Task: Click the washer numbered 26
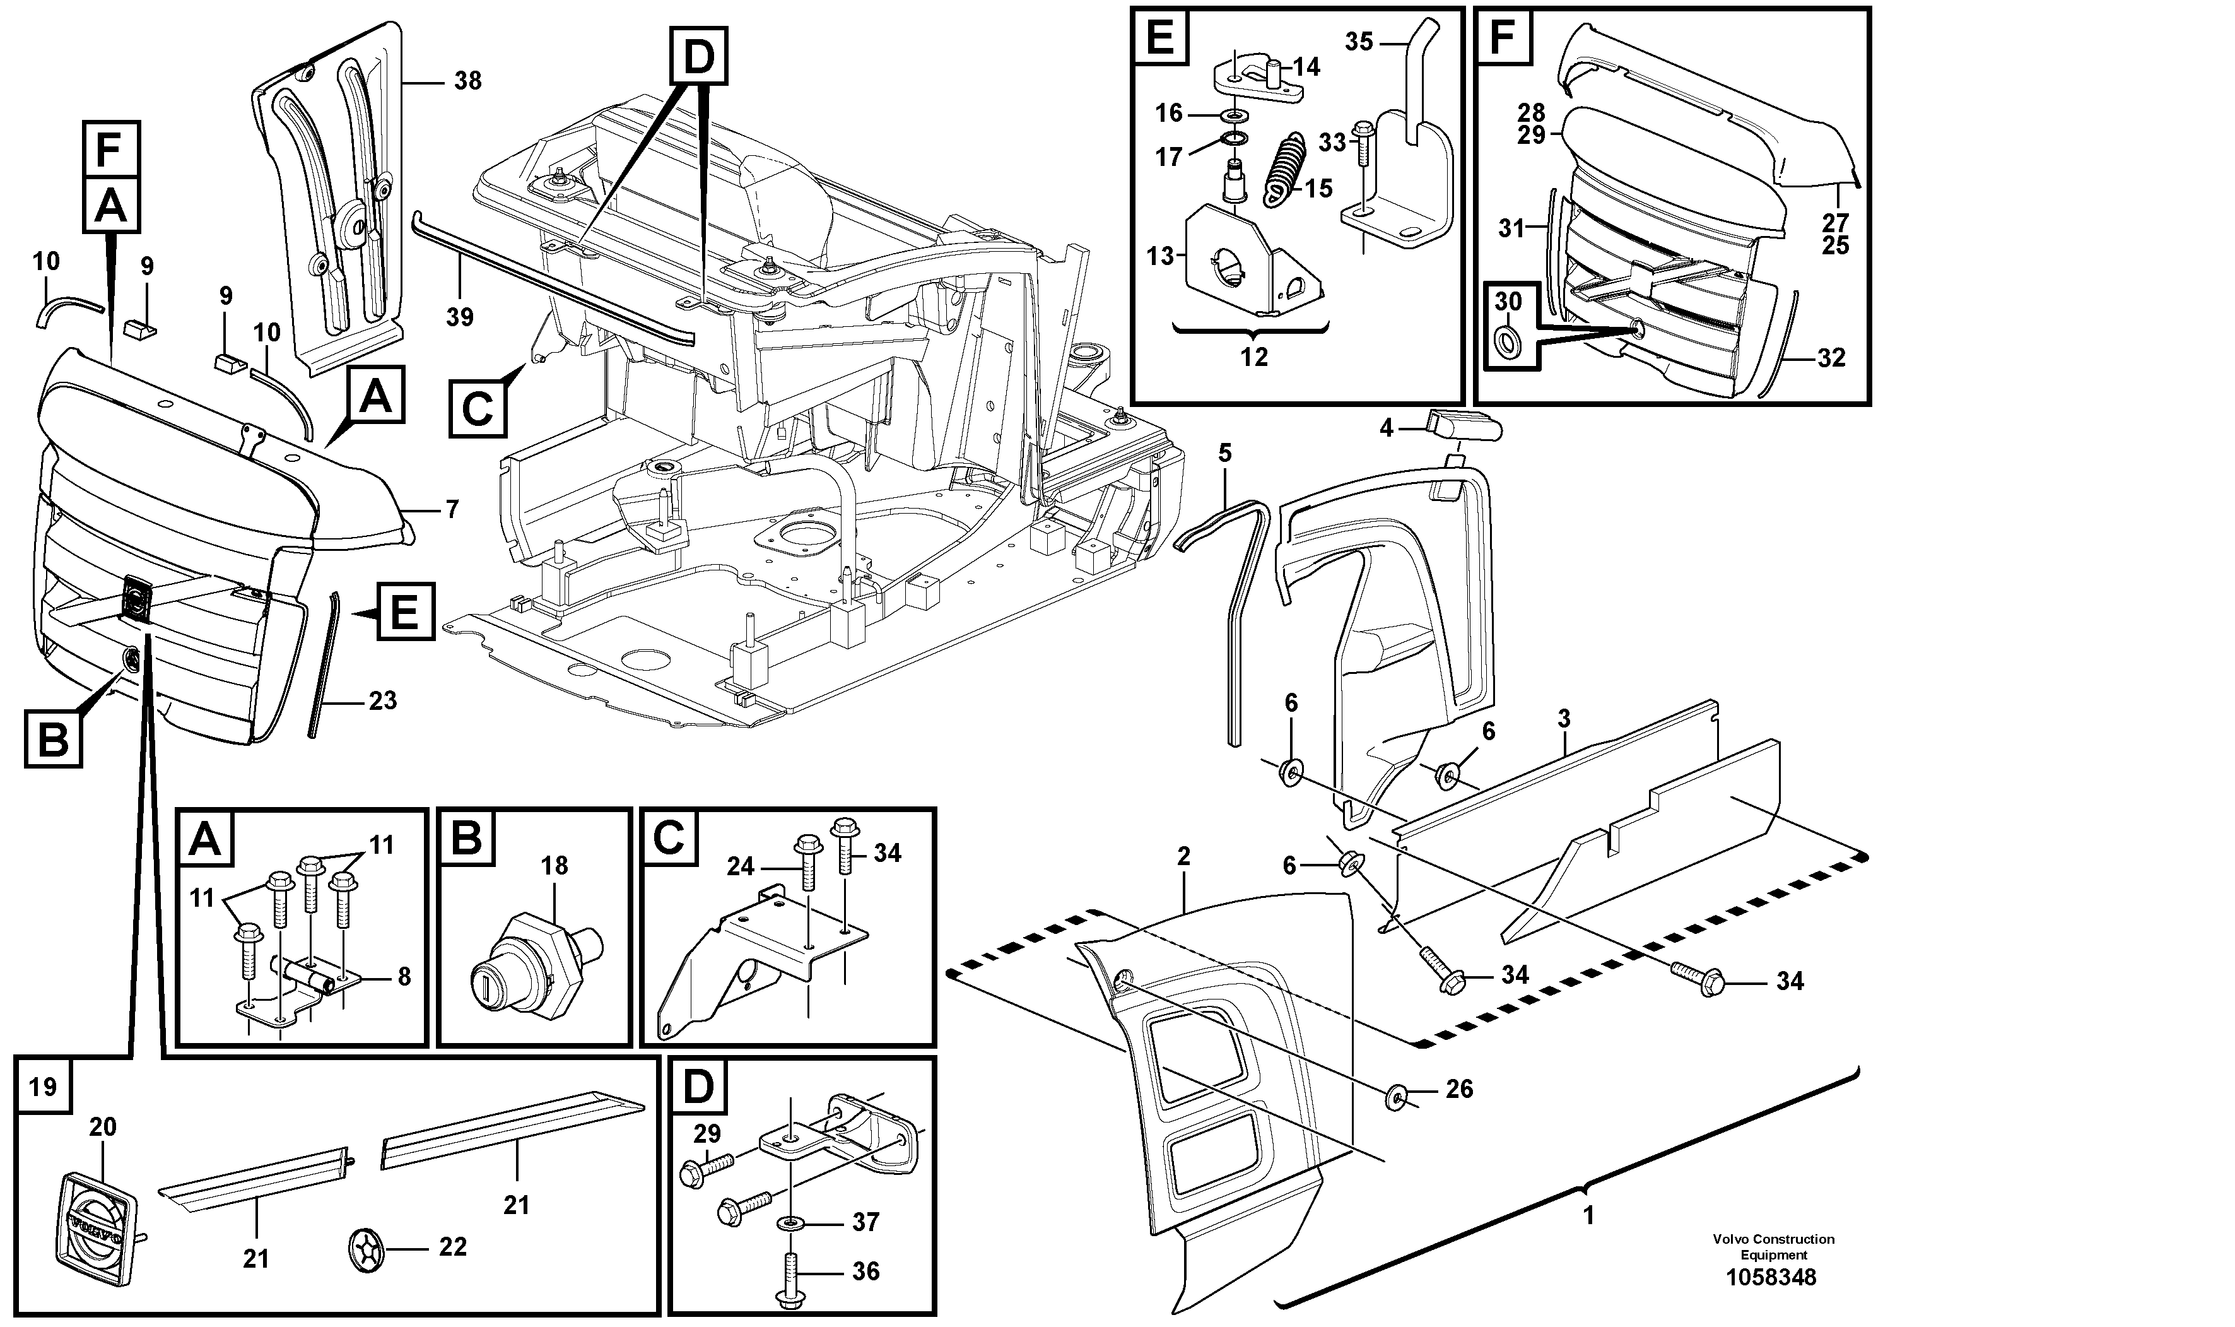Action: [x=1397, y=1095]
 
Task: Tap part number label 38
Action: [x=467, y=81]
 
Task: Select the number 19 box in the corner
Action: [x=43, y=1087]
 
